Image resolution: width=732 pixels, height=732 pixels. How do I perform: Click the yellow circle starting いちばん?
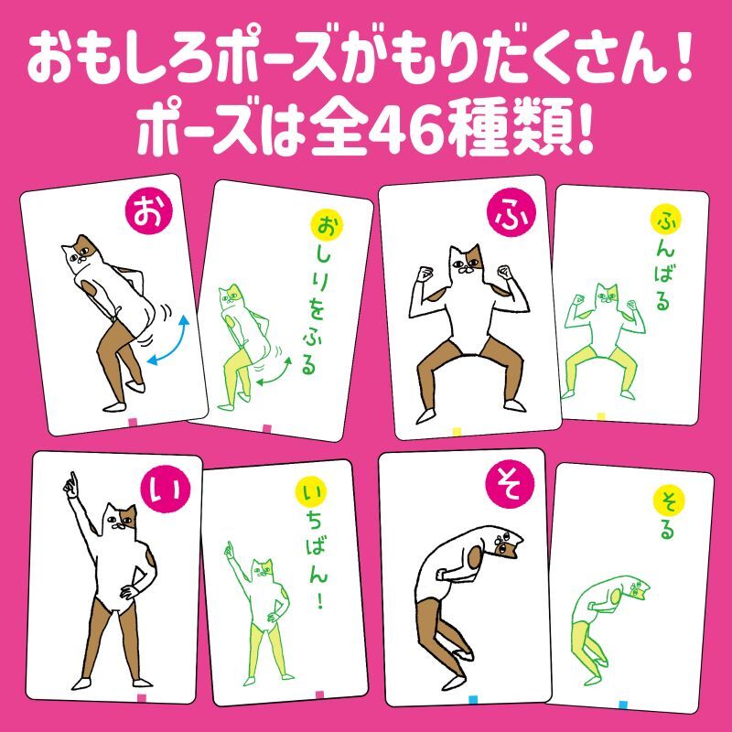click(x=311, y=494)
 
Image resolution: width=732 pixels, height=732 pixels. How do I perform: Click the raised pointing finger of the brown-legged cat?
click(x=70, y=479)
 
